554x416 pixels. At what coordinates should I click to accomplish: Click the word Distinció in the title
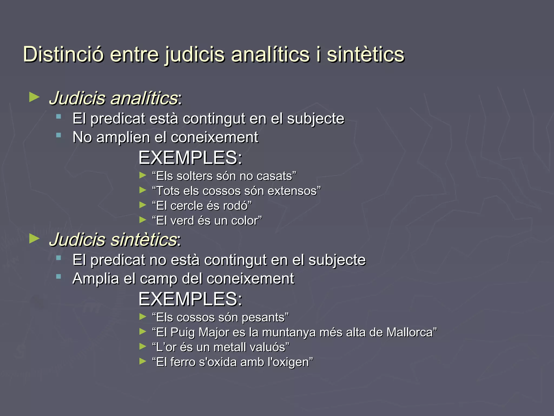pyautogui.click(x=63, y=54)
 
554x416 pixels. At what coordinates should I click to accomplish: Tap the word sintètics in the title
pyautogui.click(x=365, y=54)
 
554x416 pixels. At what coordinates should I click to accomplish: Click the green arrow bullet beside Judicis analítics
pyautogui.click(x=34, y=97)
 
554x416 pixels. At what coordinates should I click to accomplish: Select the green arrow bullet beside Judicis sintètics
pyautogui.click(x=34, y=239)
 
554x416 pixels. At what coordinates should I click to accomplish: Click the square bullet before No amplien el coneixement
pyautogui.click(x=58, y=135)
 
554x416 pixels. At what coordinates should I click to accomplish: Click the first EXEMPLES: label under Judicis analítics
pyautogui.click(x=190, y=158)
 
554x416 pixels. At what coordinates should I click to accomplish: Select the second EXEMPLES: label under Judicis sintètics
pyautogui.click(x=190, y=299)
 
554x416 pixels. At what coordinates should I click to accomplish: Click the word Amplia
pyautogui.click(x=96, y=279)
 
